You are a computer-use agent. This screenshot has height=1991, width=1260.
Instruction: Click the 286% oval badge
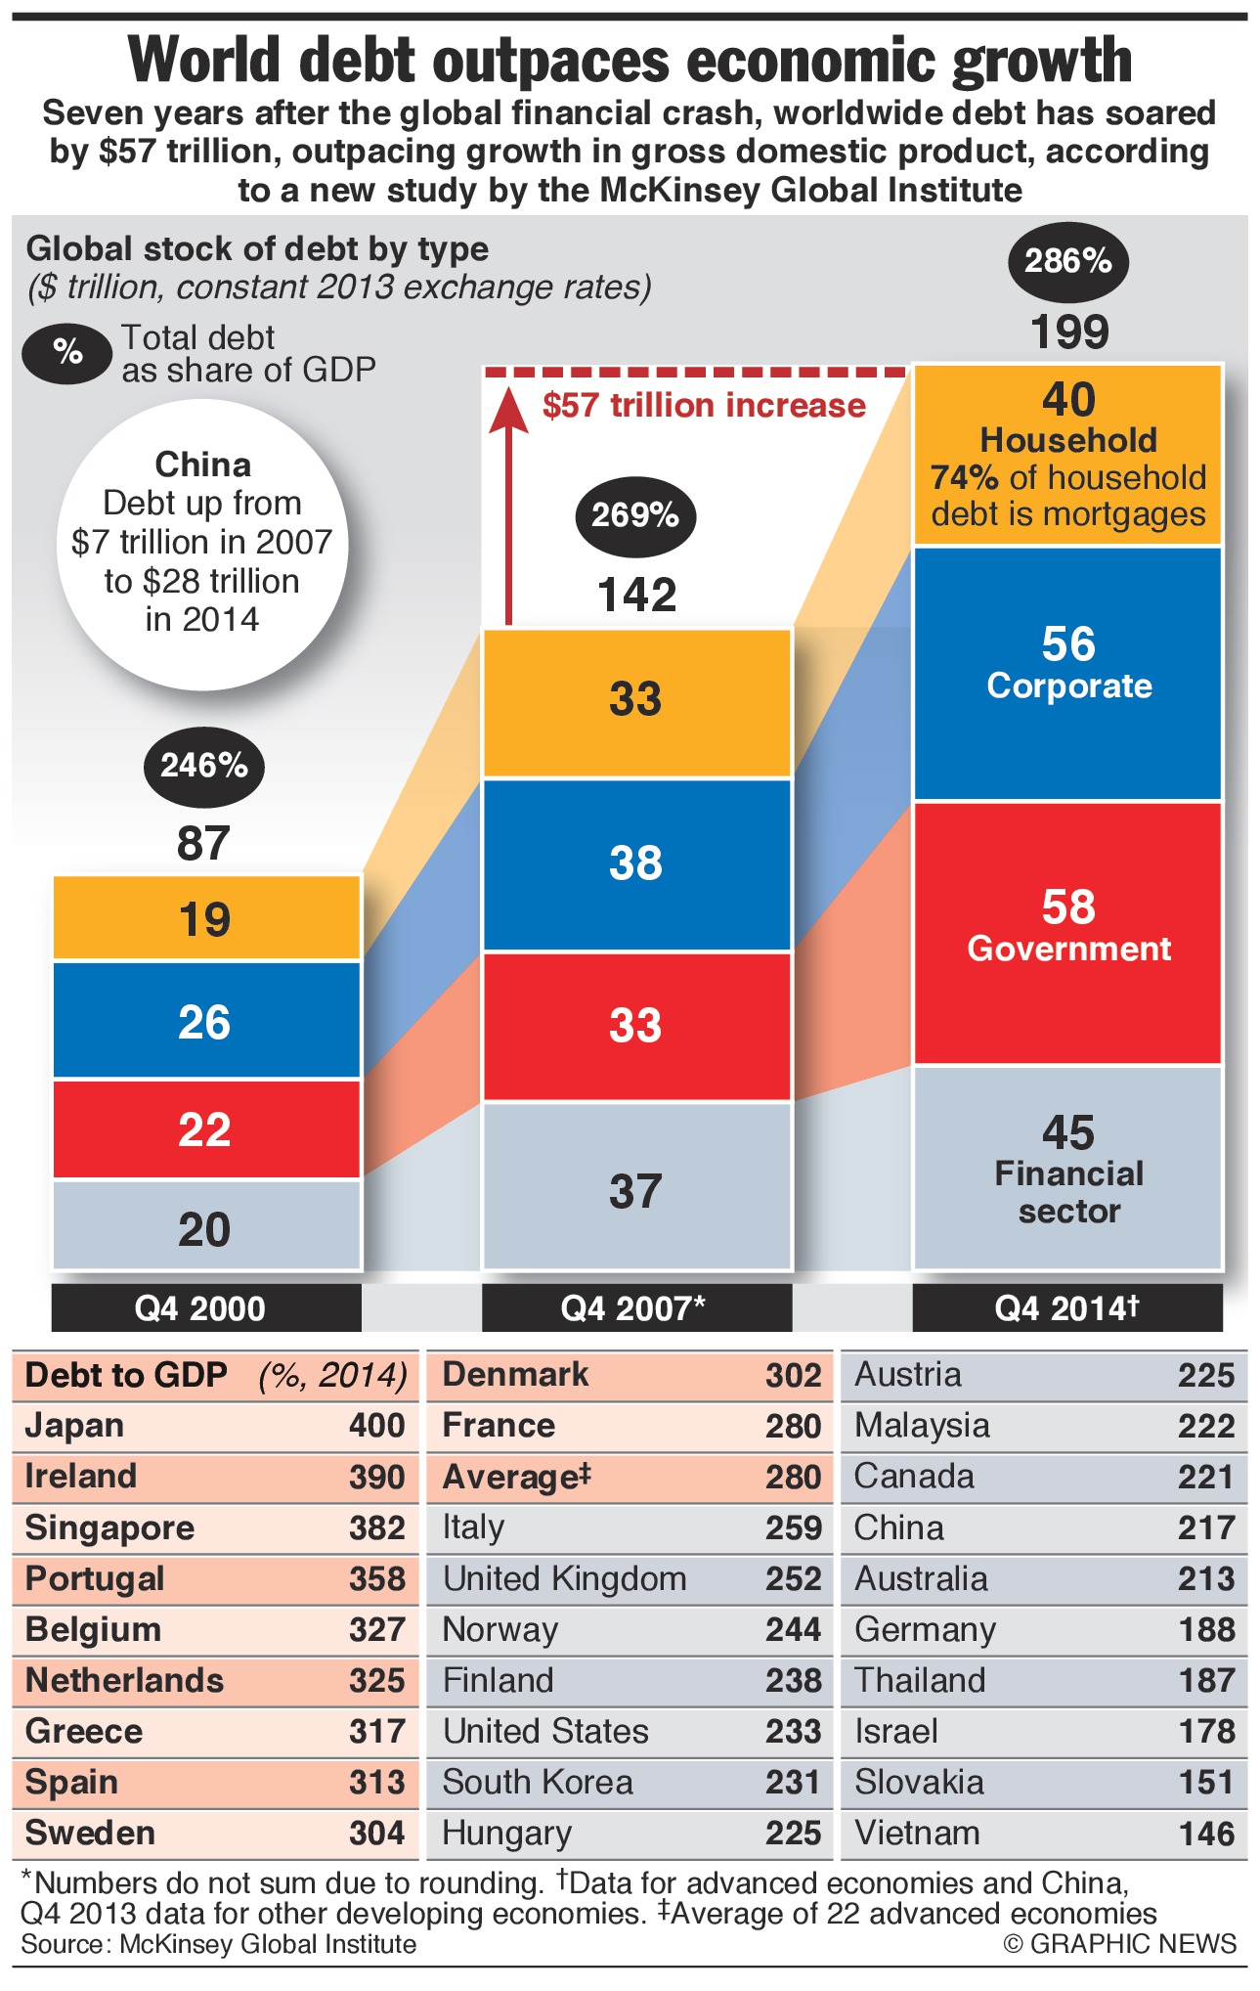click(1067, 261)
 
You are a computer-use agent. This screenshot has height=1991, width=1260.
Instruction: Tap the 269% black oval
click(635, 514)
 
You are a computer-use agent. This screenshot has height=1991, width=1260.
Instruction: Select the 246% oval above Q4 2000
click(203, 765)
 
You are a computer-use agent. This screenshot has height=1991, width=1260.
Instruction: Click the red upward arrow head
click(507, 409)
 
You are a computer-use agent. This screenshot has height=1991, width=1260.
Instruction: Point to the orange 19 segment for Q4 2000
click(206, 918)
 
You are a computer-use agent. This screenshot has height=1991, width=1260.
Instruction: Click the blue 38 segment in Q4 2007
click(636, 863)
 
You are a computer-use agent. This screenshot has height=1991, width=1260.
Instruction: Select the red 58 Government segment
click(1067, 931)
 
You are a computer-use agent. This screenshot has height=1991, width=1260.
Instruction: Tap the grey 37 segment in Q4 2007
click(636, 1189)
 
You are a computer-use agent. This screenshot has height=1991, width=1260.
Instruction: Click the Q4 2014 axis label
click(1066, 1307)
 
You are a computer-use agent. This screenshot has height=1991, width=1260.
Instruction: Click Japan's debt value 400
click(376, 1426)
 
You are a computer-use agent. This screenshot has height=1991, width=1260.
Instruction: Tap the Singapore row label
click(109, 1527)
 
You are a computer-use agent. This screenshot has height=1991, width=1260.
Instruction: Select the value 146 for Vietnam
click(1206, 1834)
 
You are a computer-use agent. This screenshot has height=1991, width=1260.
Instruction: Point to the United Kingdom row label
click(564, 1578)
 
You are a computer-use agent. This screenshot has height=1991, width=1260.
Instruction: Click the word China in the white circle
click(203, 464)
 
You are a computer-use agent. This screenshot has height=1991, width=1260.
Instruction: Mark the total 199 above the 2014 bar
click(1069, 332)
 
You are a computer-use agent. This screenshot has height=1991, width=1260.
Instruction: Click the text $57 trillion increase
click(704, 406)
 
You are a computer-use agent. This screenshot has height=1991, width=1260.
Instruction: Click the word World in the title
click(205, 61)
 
